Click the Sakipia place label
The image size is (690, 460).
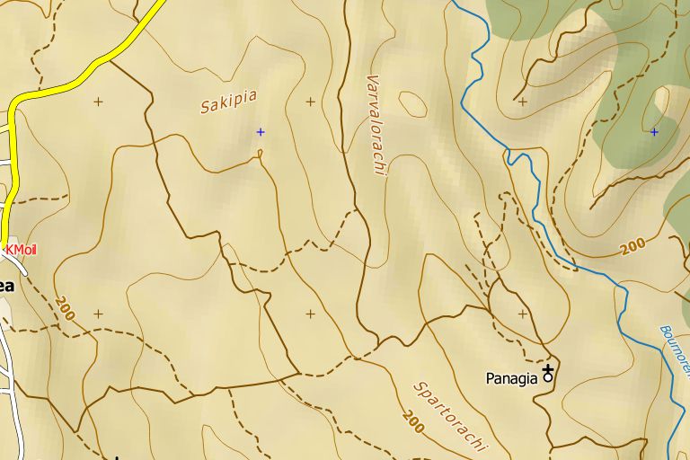(x=228, y=102)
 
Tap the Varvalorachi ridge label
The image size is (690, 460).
(x=376, y=124)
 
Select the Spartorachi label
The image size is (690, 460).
(x=450, y=416)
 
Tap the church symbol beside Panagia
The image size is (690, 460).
(x=548, y=376)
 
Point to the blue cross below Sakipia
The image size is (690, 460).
(x=261, y=132)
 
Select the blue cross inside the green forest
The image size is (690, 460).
(x=654, y=132)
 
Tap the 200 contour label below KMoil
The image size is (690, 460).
(x=64, y=307)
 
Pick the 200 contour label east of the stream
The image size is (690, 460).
(x=633, y=245)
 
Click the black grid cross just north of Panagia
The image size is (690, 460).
(x=523, y=314)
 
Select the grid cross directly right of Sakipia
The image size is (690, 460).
(x=311, y=102)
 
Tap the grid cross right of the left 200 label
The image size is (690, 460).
(x=98, y=314)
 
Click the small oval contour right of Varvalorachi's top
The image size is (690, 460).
(x=412, y=103)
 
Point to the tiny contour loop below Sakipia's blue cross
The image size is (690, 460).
(x=261, y=154)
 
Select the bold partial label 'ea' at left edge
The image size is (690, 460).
(x=6, y=286)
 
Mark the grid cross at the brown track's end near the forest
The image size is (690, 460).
(x=523, y=102)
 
